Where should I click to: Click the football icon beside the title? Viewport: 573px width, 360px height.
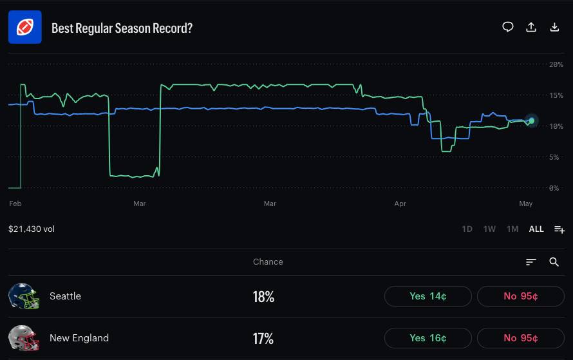point(25,27)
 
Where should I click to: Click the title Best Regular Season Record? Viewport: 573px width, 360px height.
point(122,28)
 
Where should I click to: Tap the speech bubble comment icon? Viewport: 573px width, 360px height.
point(507,27)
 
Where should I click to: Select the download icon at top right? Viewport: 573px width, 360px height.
point(554,27)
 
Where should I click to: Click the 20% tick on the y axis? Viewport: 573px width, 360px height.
point(556,64)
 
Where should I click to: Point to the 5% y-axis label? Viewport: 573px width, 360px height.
point(554,157)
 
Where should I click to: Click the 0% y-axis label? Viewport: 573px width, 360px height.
point(554,188)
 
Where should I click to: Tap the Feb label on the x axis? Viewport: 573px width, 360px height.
point(15,204)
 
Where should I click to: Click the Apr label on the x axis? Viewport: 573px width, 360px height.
point(400,204)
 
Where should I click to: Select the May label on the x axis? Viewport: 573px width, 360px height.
point(525,204)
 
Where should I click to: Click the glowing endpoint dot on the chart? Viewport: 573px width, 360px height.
point(531,120)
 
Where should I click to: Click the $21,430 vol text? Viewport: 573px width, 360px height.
point(32,229)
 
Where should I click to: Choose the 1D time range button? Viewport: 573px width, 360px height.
point(467,229)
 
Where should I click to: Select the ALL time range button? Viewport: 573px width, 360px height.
point(536,229)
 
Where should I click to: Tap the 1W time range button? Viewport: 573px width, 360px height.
point(489,229)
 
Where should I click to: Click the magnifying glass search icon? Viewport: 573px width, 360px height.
point(554,261)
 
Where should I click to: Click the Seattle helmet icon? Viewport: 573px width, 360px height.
point(24,296)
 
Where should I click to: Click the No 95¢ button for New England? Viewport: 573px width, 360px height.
point(520,338)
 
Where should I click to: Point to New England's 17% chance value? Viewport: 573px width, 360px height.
point(263,339)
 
